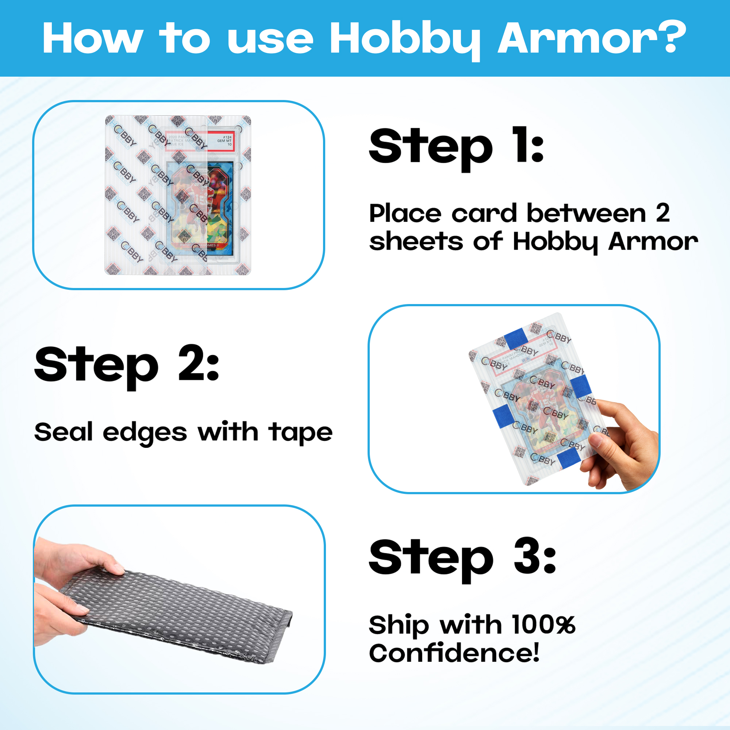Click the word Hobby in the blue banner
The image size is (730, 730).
coord(404,39)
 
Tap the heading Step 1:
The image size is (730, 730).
coord(456,147)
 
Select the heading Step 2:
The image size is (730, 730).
coord(127,365)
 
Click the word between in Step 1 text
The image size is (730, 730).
coord(586,214)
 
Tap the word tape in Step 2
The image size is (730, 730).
coord(300,433)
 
